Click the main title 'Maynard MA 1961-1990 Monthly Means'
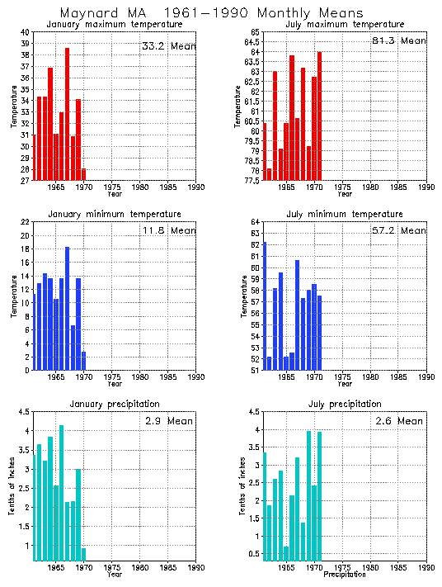(x=211, y=13)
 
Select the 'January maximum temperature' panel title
(x=114, y=25)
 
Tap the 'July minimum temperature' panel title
(x=345, y=215)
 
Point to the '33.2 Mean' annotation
(x=168, y=46)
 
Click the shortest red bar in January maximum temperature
(x=83, y=174)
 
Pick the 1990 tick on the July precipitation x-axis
(x=426, y=568)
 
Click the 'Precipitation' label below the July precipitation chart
(x=345, y=575)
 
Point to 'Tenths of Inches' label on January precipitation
(x=14, y=487)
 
